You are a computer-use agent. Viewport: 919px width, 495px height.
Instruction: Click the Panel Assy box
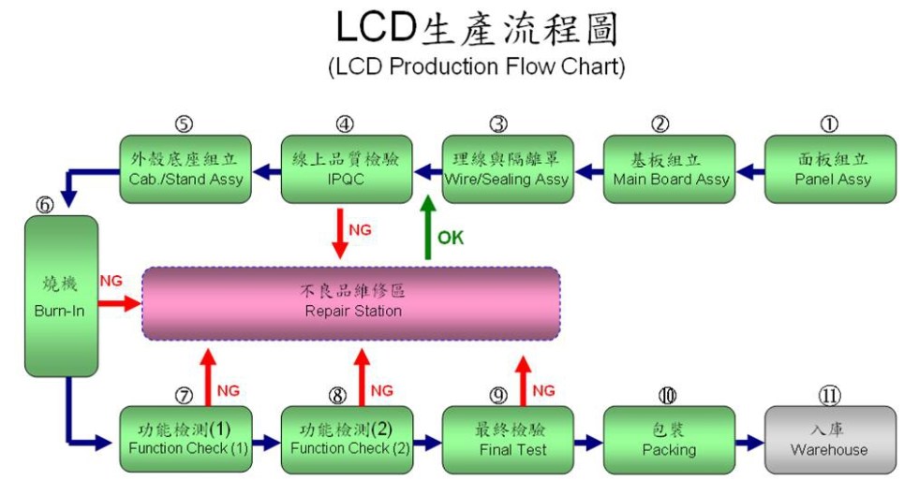pos(831,169)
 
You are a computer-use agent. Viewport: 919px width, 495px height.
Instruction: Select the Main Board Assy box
pos(670,169)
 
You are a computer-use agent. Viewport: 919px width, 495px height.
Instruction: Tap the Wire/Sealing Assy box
pos(508,169)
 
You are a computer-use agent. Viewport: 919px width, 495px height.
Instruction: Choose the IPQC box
pos(347,169)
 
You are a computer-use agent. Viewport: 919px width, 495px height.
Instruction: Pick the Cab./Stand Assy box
pos(185,169)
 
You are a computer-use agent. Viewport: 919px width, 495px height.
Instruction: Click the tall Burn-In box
pos(62,296)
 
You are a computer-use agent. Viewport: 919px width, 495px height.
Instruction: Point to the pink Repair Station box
pos(352,302)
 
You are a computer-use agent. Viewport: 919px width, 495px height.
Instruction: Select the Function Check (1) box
pos(186,439)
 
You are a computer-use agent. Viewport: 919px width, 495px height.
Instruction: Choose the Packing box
pos(669,439)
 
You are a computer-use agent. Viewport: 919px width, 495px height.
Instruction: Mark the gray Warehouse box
pos(830,439)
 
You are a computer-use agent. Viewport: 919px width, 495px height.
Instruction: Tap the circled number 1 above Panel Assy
pos(829,124)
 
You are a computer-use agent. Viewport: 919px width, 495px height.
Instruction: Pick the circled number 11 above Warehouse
pos(829,396)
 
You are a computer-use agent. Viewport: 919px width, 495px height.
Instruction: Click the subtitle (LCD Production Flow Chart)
pos(476,67)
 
